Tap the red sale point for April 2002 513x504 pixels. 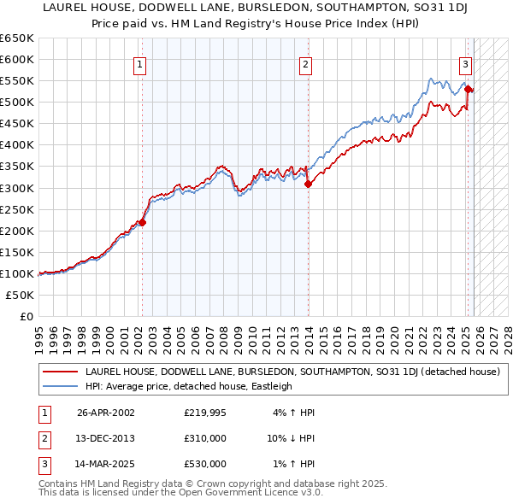(x=143, y=222)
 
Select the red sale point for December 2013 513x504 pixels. (x=308, y=183)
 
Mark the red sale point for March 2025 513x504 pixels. (x=469, y=89)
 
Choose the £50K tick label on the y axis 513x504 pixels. (x=21, y=295)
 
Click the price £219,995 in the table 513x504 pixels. (x=205, y=413)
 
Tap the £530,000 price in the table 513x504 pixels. (x=205, y=464)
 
